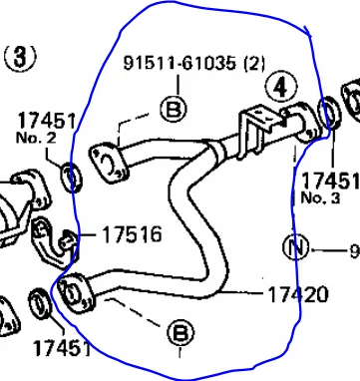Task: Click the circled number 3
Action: pyautogui.click(x=20, y=57)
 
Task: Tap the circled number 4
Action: pyautogui.click(x=281, y=87)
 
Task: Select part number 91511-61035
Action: pyautogui.click(x=180, y=63)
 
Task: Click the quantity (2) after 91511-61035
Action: pyautogui.click(x=254, y=64)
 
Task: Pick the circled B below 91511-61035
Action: pyautogui.click(x=174, y=109)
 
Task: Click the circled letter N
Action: pyautogui.click(x=295, y=247)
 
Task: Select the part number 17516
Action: pyautogui.click(x=132, y=234)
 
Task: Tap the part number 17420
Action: pyautogui.click(x=298, y=294)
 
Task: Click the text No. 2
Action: pyautogui.click(x=36, y=138)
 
